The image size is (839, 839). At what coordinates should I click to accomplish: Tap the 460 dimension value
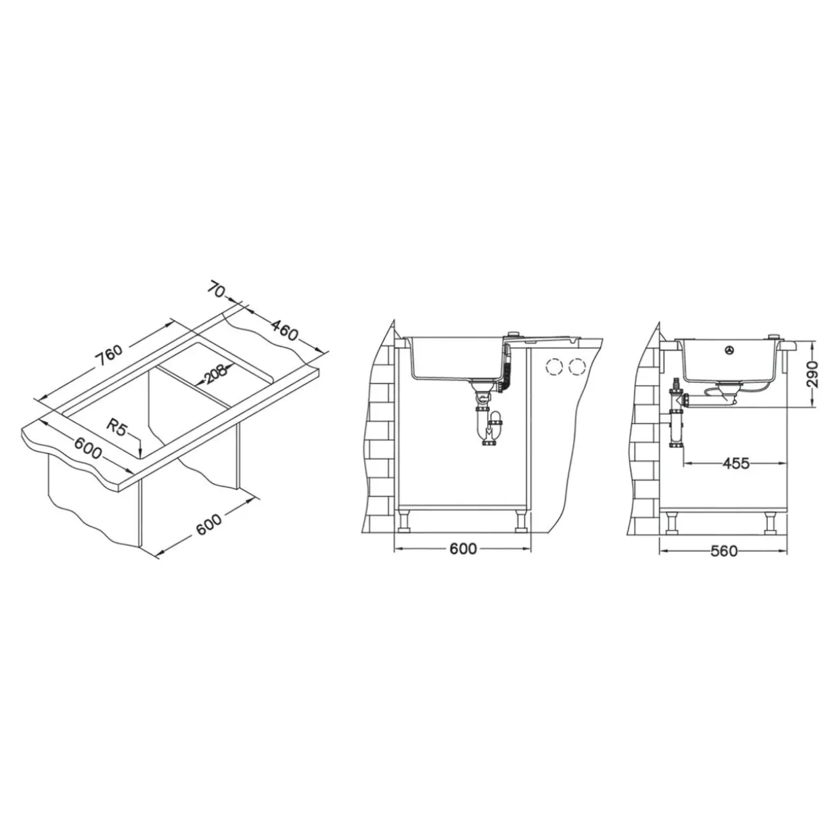pos(284,331)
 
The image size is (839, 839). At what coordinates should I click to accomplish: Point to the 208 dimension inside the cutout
pos(216,374)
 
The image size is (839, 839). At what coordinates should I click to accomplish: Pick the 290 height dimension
pos(812,373)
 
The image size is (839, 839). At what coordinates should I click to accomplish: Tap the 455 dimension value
pos(735,463)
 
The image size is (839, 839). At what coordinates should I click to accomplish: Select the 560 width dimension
pos(724,551)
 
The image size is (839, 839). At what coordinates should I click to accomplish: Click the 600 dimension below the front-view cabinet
pos(463,549)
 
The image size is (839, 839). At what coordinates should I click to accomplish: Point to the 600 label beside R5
pos(88,448)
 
